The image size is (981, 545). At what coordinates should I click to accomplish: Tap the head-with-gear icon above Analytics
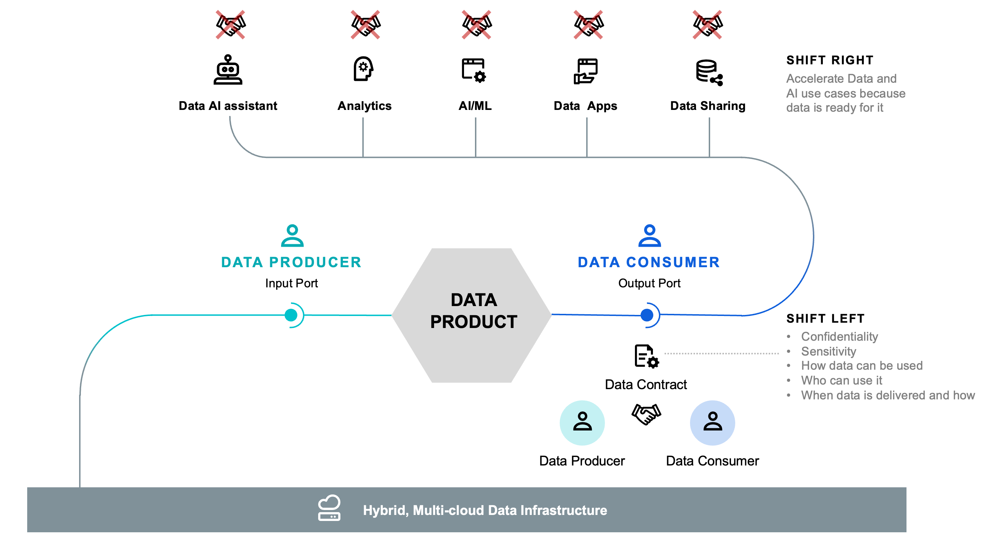363,69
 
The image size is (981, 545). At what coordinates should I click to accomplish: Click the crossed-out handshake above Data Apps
588,25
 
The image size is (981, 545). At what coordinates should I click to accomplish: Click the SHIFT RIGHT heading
830,60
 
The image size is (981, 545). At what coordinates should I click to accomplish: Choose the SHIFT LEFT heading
825,318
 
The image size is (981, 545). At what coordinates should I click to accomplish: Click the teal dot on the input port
291,315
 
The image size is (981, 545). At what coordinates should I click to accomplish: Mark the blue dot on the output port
647,315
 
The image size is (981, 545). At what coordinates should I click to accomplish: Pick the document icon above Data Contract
646,356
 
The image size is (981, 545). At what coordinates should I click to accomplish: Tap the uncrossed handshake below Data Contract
646,414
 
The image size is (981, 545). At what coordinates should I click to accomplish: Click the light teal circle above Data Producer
582,423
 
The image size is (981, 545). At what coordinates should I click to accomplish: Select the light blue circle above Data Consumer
712,423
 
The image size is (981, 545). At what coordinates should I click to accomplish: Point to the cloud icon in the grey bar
329,508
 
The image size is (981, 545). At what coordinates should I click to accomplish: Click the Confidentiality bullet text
839,336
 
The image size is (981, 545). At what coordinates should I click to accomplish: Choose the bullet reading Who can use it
841,380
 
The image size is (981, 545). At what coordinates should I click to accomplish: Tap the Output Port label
649,283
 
